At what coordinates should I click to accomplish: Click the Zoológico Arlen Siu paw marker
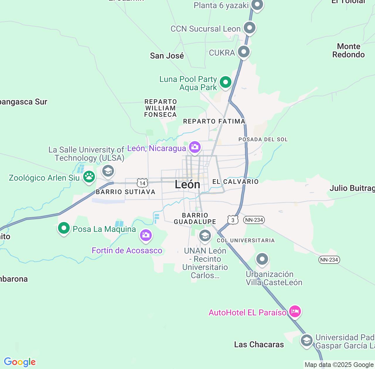89,177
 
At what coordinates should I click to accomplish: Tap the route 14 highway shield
142,183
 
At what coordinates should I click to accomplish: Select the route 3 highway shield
233,220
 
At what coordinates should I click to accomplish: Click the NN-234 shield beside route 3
254,220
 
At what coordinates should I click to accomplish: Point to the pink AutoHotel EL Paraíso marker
295,311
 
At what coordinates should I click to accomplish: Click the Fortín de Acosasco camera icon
146,235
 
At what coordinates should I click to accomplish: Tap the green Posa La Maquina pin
64,228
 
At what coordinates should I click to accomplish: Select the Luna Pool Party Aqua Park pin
225,82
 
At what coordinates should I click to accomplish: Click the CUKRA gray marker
244,52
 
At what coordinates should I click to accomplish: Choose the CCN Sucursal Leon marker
250,28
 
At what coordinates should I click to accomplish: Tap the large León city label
187,184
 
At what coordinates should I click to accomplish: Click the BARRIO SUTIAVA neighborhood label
125,192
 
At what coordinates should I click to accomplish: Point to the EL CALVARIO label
236,182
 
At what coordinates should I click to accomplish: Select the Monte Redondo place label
348,50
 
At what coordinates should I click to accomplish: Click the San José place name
167,56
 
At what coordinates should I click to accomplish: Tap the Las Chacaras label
259,344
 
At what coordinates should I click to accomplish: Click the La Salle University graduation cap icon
108,170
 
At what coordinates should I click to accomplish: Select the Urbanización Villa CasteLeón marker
262,259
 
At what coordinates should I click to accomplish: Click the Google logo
20,362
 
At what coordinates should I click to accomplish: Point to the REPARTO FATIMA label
214,121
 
